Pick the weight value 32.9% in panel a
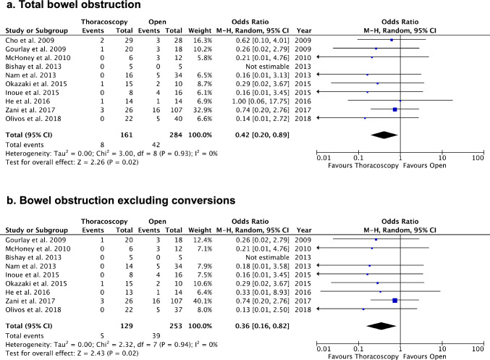click(x=203, y=109)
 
